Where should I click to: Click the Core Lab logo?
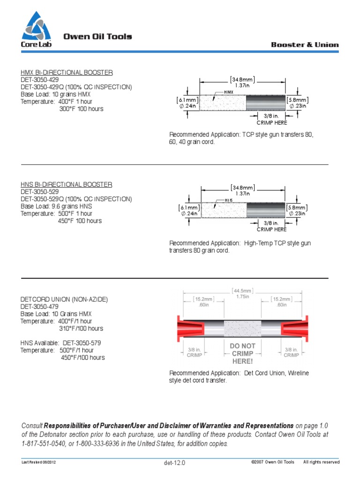36,29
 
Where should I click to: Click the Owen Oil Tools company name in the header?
97,37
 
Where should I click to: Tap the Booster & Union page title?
305,45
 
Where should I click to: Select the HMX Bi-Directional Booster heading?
67,73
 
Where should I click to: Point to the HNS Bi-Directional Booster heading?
66,185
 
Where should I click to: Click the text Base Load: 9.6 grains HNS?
56,206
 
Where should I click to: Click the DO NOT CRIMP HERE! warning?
242,353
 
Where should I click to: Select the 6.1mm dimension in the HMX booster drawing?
187,100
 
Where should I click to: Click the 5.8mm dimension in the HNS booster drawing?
297,208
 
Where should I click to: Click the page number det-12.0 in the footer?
174,463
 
